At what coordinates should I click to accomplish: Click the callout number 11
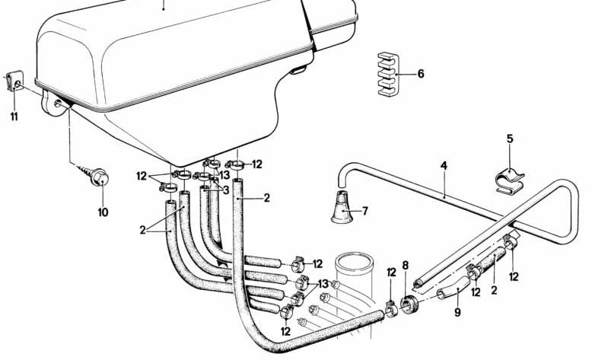14,116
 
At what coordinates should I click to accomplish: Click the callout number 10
103,212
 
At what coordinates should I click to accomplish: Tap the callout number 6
421,73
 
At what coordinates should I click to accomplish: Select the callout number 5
510,139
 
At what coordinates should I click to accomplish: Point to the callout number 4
444,166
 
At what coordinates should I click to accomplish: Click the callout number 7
365,211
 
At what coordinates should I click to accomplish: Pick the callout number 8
405,266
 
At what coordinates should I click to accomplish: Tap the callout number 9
457,311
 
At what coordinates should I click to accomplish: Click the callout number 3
226,190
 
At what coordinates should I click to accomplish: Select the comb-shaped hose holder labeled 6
388,74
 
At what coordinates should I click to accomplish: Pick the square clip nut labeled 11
15,81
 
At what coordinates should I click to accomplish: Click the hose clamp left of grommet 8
391,309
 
